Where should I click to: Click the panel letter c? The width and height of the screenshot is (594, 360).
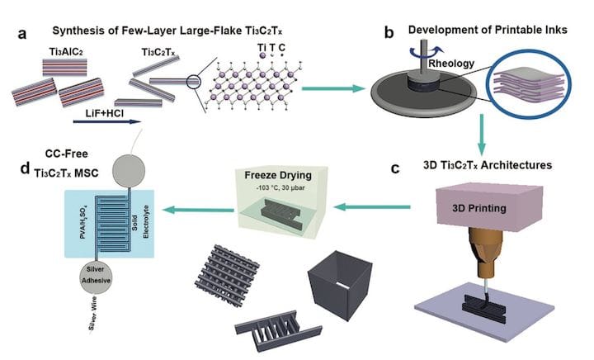coord(397,168)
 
